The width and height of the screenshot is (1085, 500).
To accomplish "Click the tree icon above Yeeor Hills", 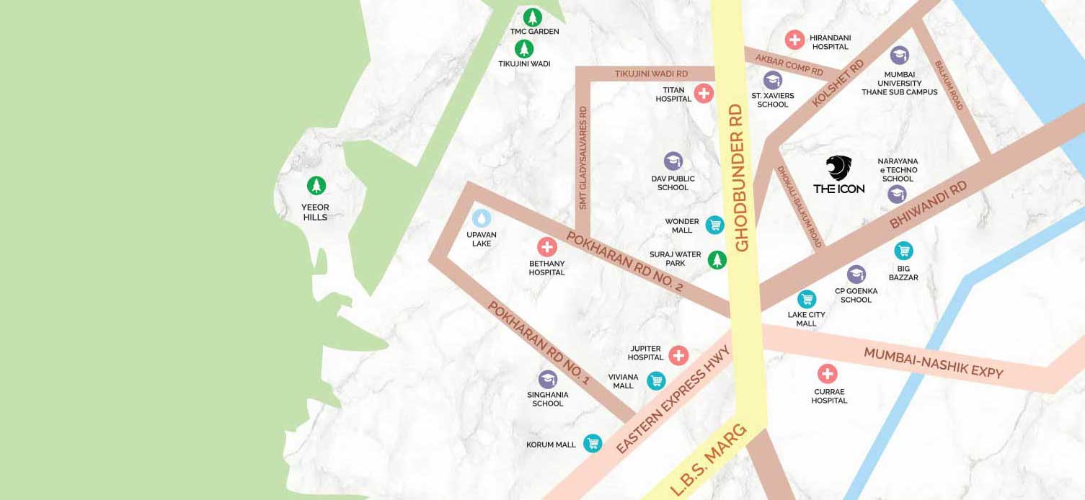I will (316, 186).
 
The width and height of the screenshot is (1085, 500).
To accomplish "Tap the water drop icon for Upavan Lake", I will (481, 218).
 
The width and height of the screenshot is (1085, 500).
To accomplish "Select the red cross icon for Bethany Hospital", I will (547, 247).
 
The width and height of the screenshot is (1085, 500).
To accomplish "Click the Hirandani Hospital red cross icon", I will (794, 40).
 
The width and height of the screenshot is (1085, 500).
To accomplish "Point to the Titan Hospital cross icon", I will (704, 93).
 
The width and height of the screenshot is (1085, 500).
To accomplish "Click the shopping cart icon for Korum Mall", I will (593, 443).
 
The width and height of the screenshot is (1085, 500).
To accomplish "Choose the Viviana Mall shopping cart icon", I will (655, 380).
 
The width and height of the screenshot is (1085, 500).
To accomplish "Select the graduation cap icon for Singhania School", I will (548, 379).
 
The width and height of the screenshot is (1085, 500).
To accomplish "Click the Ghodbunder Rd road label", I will (740, 177).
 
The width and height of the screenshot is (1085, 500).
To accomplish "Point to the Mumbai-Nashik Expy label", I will (933, 362).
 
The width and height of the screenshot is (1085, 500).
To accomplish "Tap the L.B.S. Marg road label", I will (708, 461).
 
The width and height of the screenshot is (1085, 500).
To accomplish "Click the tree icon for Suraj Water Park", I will (716, 259).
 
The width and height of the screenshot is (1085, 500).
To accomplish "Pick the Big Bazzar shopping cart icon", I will (903, 251).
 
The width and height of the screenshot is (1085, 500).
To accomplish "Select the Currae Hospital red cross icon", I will (827, 373).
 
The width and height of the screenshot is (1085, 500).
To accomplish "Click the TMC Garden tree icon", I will (533, 17).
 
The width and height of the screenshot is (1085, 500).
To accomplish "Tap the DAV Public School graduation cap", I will (673, 161).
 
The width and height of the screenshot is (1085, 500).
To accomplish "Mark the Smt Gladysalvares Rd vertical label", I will (583, 158).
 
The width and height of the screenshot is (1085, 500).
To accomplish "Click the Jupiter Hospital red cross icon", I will (678, 355).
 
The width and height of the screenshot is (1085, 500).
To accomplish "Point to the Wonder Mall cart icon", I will (714, 225).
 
